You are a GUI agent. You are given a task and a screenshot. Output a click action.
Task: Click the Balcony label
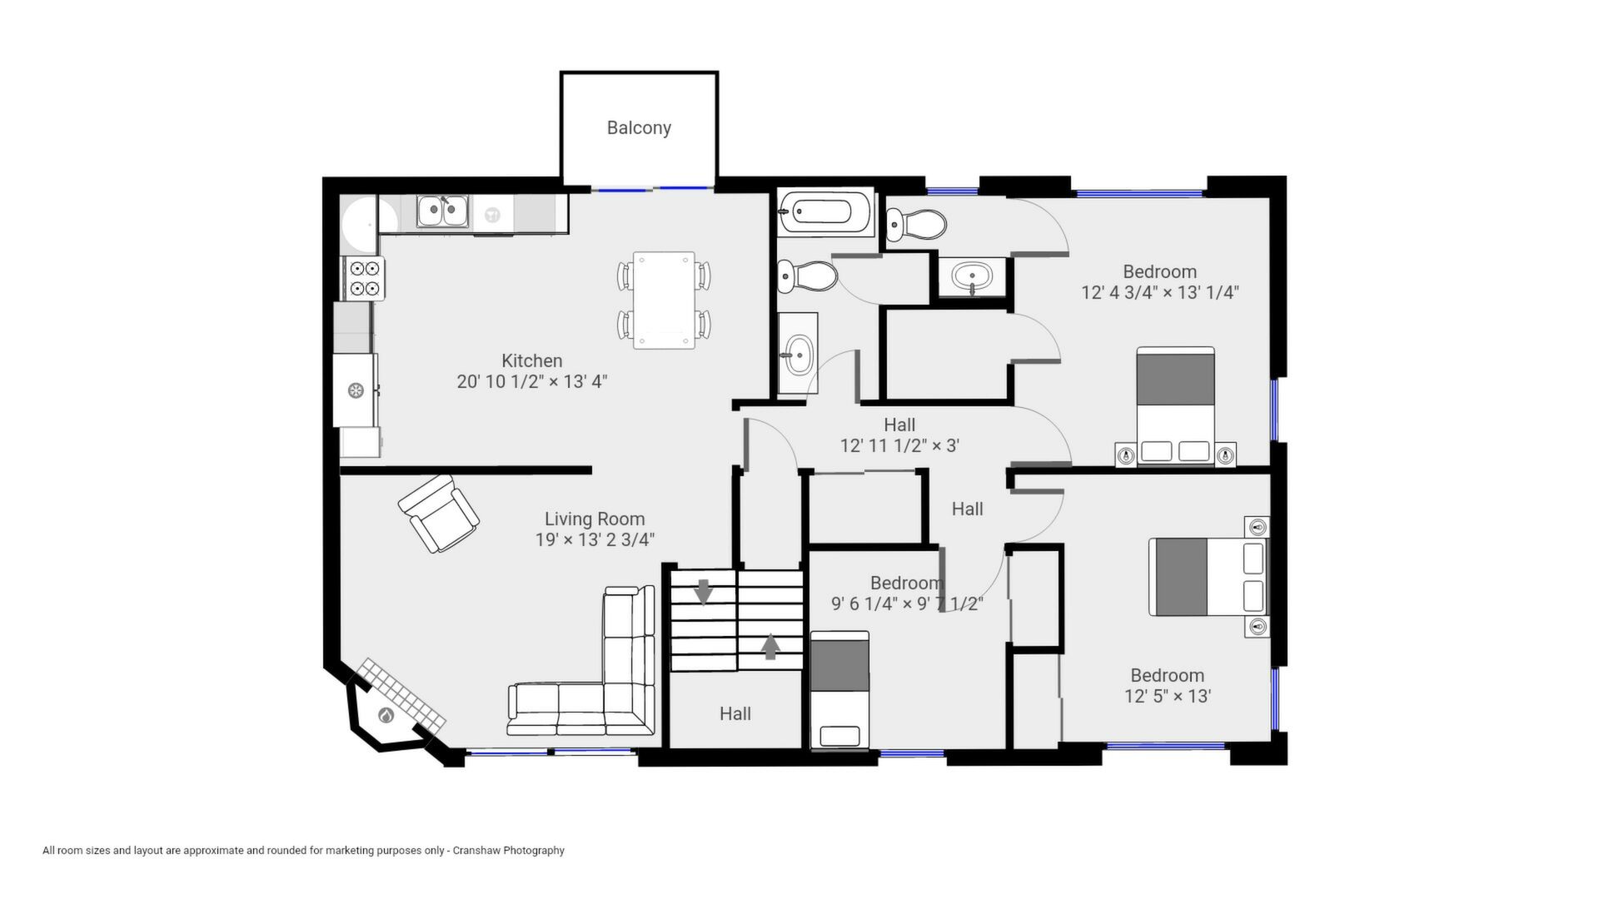pos(639,128)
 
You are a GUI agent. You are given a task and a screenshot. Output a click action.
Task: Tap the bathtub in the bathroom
pos(825,211)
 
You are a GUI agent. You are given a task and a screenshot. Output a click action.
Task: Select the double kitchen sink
pos(442,211)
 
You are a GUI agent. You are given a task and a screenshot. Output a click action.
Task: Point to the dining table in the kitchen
pos(664,300)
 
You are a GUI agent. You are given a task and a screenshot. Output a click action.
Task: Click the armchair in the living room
pos(438,514)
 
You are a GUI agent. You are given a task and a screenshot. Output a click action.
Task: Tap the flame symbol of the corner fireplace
pos(386,715)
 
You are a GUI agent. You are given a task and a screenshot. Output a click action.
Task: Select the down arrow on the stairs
pos(704,592)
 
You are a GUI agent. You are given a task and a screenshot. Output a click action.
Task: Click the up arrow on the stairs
pos(770,647)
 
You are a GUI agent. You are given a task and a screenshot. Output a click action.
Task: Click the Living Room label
pos(595,519)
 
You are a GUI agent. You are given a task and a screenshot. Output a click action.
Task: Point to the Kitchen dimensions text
pos(532,381)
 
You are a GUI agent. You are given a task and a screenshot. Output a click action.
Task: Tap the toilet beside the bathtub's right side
pos(916,224)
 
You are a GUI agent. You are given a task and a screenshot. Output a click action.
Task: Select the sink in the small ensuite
pos(972,276)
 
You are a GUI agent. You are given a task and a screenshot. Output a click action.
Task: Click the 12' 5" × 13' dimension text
pos(1168,696)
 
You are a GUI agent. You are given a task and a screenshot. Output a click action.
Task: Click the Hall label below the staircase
pos(735,713)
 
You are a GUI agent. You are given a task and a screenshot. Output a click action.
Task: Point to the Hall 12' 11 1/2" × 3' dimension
pos(899,445)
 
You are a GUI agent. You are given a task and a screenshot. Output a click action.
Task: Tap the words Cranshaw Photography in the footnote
pos(509,851)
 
